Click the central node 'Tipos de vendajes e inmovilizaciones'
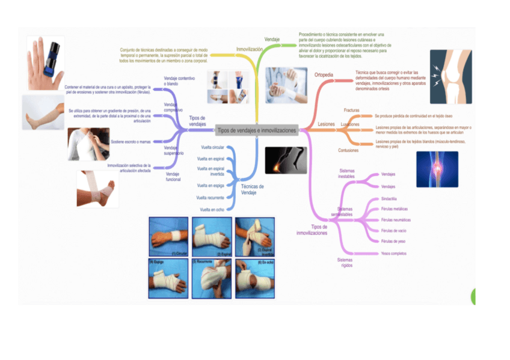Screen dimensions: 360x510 point(257,130)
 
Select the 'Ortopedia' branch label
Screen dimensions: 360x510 point(324,75)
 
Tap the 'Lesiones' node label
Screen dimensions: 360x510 point(326,124)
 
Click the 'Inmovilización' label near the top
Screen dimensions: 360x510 point(249,49)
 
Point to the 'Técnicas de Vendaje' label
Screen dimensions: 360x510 point(253,189)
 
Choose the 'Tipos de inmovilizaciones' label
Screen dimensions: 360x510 point(312,230)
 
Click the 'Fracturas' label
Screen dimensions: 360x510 point(352,111)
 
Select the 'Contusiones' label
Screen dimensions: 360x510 point(348,150)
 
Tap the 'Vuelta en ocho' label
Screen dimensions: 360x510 point(212,210)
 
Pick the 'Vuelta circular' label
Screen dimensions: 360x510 point(212,147)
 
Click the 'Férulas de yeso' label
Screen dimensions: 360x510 point(393,241)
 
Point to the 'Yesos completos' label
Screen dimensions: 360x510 point(394,254)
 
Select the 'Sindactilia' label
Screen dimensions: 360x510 point(389,198)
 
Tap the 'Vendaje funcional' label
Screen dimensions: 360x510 point(173,177)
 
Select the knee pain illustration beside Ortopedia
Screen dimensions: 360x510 point(451,73)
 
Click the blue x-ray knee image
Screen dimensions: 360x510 point(437,169)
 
